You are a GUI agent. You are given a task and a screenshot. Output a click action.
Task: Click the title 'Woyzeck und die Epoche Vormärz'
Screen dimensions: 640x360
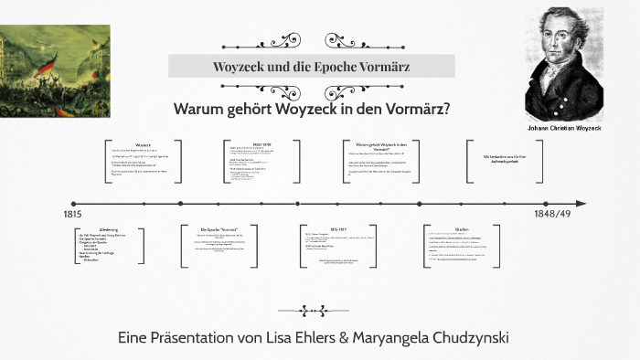tap(312, 68)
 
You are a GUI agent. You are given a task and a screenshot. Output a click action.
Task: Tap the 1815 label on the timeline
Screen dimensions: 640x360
tap(72, 214)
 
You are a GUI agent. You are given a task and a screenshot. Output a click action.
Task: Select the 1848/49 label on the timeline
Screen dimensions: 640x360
tap(553, 214)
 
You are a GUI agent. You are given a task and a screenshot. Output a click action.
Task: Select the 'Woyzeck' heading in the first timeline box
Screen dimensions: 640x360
tap(143, 145)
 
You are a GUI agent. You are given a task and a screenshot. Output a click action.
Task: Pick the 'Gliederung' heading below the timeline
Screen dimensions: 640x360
tap(109, 229)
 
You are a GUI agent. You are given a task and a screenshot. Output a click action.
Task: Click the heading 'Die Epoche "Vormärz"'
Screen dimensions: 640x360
tap(219, 228)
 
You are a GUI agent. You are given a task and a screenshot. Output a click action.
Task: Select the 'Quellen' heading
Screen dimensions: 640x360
tap(463, 229)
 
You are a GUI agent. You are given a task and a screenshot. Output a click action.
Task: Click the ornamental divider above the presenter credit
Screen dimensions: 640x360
tap(312, 310)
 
